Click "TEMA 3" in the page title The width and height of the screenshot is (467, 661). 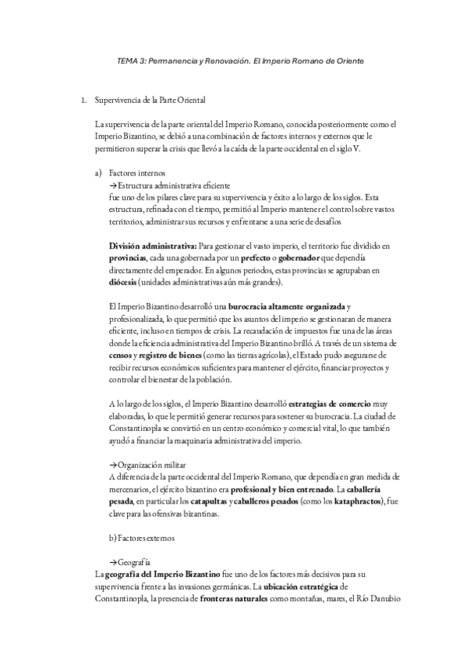[x=127, y=60]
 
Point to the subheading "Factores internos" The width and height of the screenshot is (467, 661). [x=137, y=172]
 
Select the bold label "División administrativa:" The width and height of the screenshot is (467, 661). [x=152, y=246]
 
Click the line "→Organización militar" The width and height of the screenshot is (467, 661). [x=147, y=465]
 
